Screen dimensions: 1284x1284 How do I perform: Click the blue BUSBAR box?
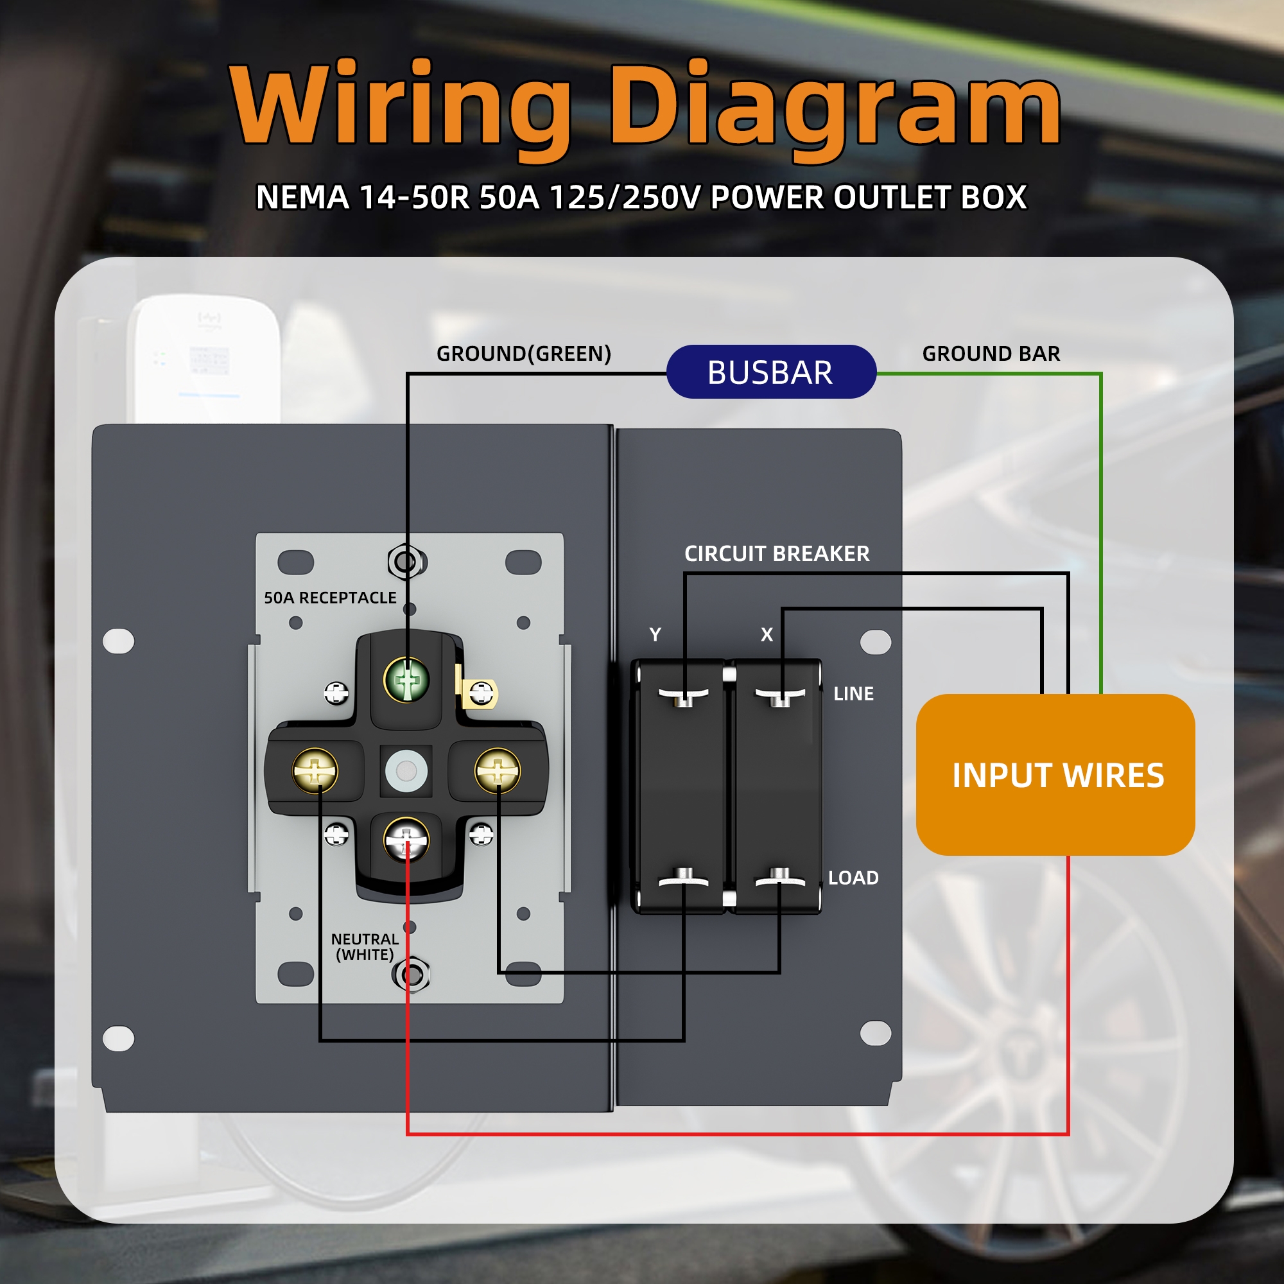(771, 372)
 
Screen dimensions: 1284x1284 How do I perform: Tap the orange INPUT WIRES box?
(1055, 775)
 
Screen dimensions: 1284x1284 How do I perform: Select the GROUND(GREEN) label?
(524, 354)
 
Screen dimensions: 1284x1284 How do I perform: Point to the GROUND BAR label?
(991, 354)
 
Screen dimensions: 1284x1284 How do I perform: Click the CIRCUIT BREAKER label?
(777, 553)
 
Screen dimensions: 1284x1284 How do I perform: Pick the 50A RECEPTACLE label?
(330, 598)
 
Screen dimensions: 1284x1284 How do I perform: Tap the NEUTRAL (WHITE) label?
(365, 946)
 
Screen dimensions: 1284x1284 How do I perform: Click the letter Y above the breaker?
(655, 635)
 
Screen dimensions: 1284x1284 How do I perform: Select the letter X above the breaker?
(767, 635)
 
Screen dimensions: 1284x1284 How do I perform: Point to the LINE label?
(853, 694)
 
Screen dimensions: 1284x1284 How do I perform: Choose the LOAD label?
(853, 878)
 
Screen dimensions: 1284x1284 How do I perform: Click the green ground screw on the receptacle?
(407, 680)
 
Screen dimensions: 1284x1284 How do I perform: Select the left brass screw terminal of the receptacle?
(315, 771)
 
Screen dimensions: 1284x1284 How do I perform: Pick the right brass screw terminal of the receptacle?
(498, 771)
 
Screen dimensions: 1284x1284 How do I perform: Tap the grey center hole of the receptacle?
(406, 771)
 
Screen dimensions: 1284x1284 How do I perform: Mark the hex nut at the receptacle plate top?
(406, 562)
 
